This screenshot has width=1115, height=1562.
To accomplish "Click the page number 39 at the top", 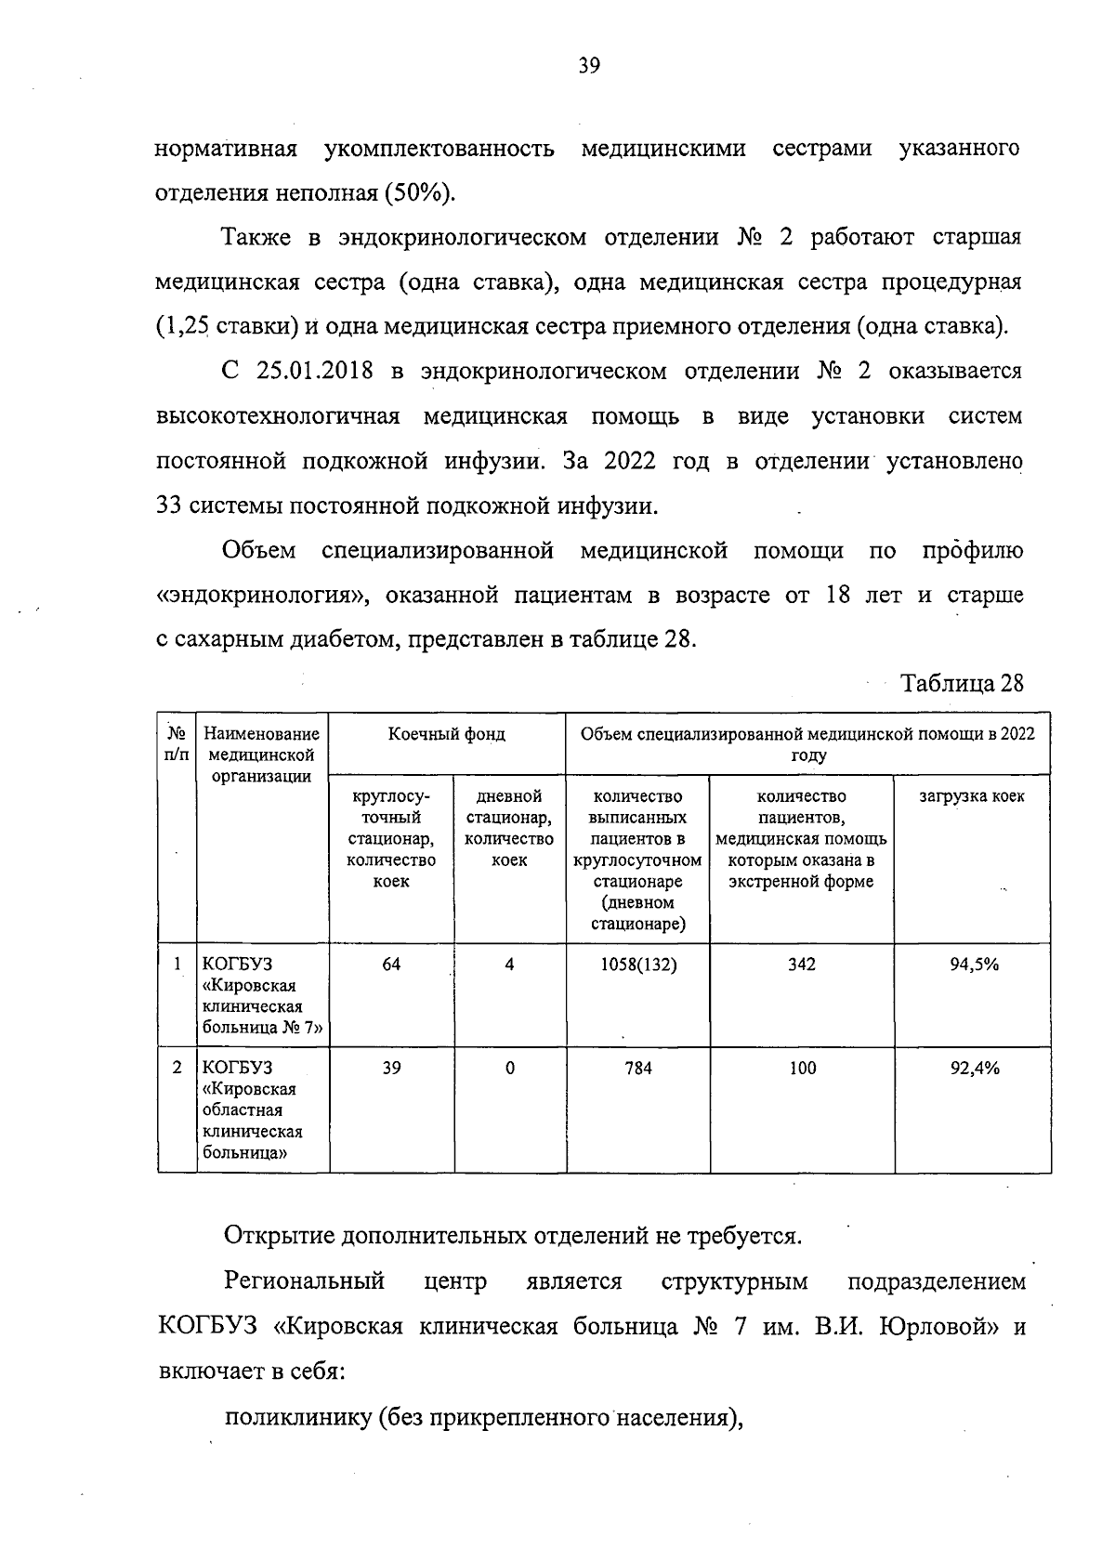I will point(589,66).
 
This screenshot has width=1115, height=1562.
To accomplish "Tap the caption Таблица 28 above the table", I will point(962,684).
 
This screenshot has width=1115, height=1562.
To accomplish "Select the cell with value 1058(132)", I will point(637,965).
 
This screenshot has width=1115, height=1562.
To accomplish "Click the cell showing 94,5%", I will point(973,965).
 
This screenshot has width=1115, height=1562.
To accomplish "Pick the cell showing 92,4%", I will point(973,1069).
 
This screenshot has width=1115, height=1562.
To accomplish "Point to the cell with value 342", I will point(801,965).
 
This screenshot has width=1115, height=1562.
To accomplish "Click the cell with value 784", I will point(637,1069).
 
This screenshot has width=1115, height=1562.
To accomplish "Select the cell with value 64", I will point(391,965).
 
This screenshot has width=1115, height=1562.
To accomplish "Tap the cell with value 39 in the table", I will point(391,1069).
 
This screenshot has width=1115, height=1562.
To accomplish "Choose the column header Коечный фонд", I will point(447,734).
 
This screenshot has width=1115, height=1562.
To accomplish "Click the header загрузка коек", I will point(972,797).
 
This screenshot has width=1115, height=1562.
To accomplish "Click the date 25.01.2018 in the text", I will point(310,372).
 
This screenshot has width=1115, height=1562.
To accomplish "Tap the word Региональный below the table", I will point(304,1282).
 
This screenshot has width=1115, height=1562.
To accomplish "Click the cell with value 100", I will point(802,1069).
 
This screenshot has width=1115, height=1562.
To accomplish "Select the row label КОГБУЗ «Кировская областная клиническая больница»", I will point(252,1110).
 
